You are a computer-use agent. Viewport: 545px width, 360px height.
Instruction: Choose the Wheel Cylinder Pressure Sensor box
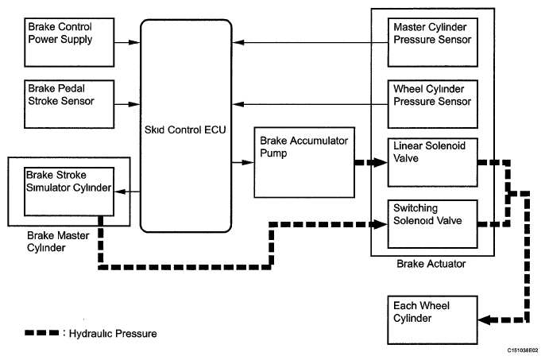(432, 103)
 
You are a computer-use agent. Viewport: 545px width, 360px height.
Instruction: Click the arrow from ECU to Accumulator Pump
(242, 163)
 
